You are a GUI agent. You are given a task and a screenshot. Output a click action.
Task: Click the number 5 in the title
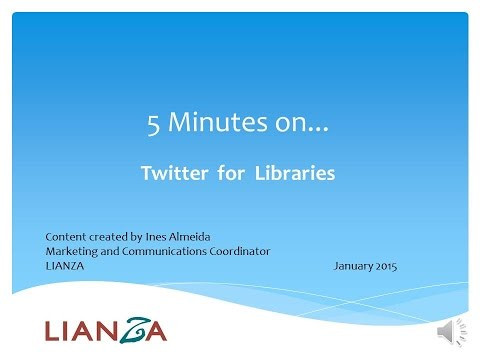(x=154, y=125)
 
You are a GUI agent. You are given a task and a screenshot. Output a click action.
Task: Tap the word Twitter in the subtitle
(x=176, y=173)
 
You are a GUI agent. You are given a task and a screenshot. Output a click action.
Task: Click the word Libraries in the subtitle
(x=296, y=173)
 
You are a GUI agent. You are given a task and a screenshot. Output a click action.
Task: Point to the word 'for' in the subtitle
(x=232, y=173)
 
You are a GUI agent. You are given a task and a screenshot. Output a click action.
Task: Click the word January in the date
(x=353, y=265)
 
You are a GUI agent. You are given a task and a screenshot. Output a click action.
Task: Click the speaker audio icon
(x=445, y=331)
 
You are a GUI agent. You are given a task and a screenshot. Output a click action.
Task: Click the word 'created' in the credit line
(x=109, y=236)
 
